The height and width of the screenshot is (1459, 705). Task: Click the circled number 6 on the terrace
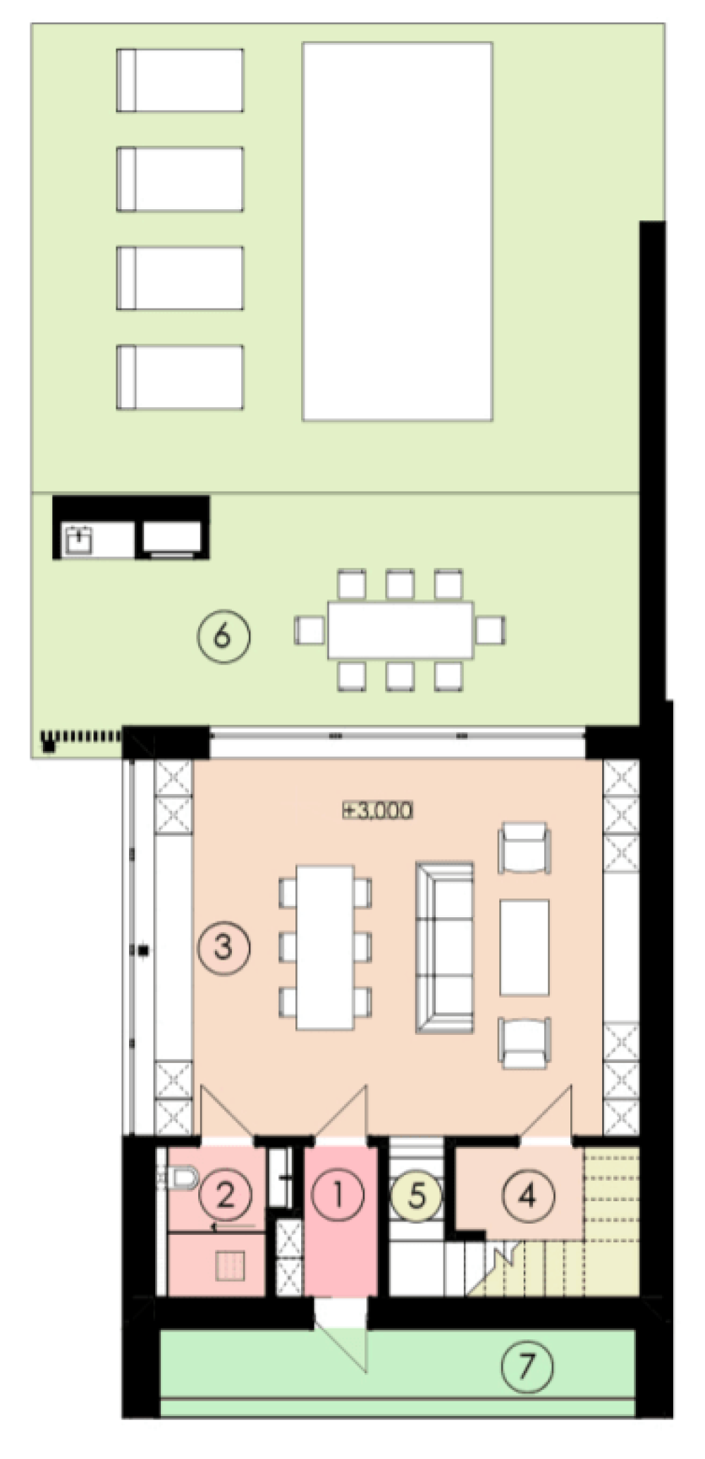coord(223,635)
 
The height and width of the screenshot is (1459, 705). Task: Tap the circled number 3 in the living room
coord(223,946)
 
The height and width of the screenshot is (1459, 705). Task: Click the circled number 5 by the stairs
coord(417,1196)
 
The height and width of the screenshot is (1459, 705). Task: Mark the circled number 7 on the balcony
coord(527,1367)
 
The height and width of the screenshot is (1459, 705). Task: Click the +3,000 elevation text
coord(378,810)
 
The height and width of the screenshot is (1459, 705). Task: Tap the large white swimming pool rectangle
coord(397,231)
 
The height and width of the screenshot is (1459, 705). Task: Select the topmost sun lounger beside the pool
coord(180,80)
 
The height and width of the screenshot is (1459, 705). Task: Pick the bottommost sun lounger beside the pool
coord(180,377)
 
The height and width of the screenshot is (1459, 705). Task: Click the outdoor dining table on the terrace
coord(400,630)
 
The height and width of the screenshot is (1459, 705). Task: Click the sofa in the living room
coord(444,947)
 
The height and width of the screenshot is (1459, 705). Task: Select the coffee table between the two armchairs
coord(525,947)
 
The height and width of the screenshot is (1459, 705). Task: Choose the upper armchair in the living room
coord(525,848)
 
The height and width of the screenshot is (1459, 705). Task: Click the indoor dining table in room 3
coord(325,947)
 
